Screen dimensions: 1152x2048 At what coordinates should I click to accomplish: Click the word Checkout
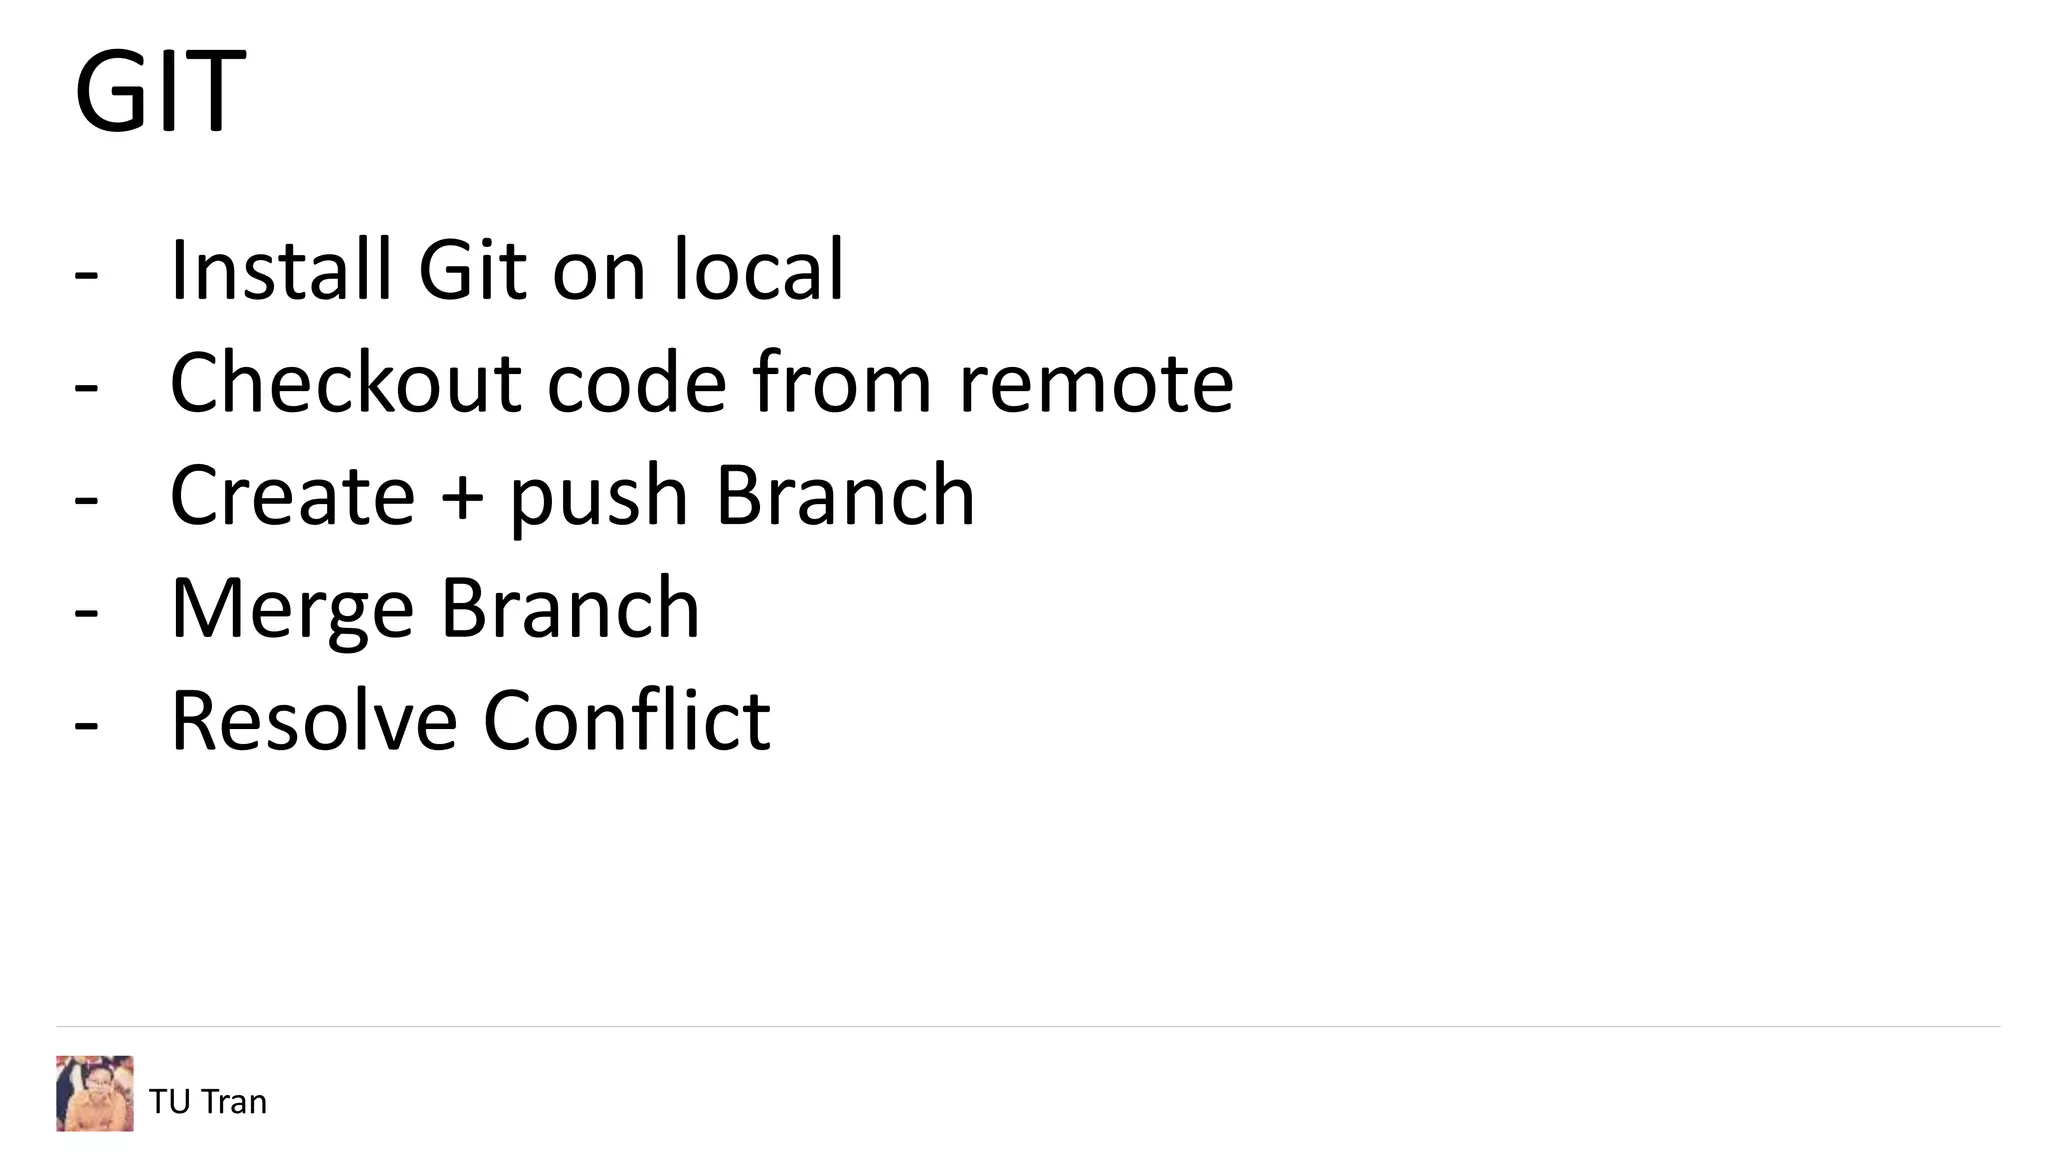click(345, 382)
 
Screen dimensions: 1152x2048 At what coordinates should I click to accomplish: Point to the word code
click(636, 382)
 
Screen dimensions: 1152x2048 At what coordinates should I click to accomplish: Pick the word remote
click(1096, 382)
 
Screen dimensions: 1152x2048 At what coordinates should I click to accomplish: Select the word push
click(599, 497)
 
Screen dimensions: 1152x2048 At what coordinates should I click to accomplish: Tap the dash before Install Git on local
click(87, 272)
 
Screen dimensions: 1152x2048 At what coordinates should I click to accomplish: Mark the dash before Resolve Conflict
click(87, 723)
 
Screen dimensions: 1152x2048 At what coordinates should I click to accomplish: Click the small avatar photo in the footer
click(95, 1093)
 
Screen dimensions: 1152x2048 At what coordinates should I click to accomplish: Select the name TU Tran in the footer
click(208, 1101)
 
